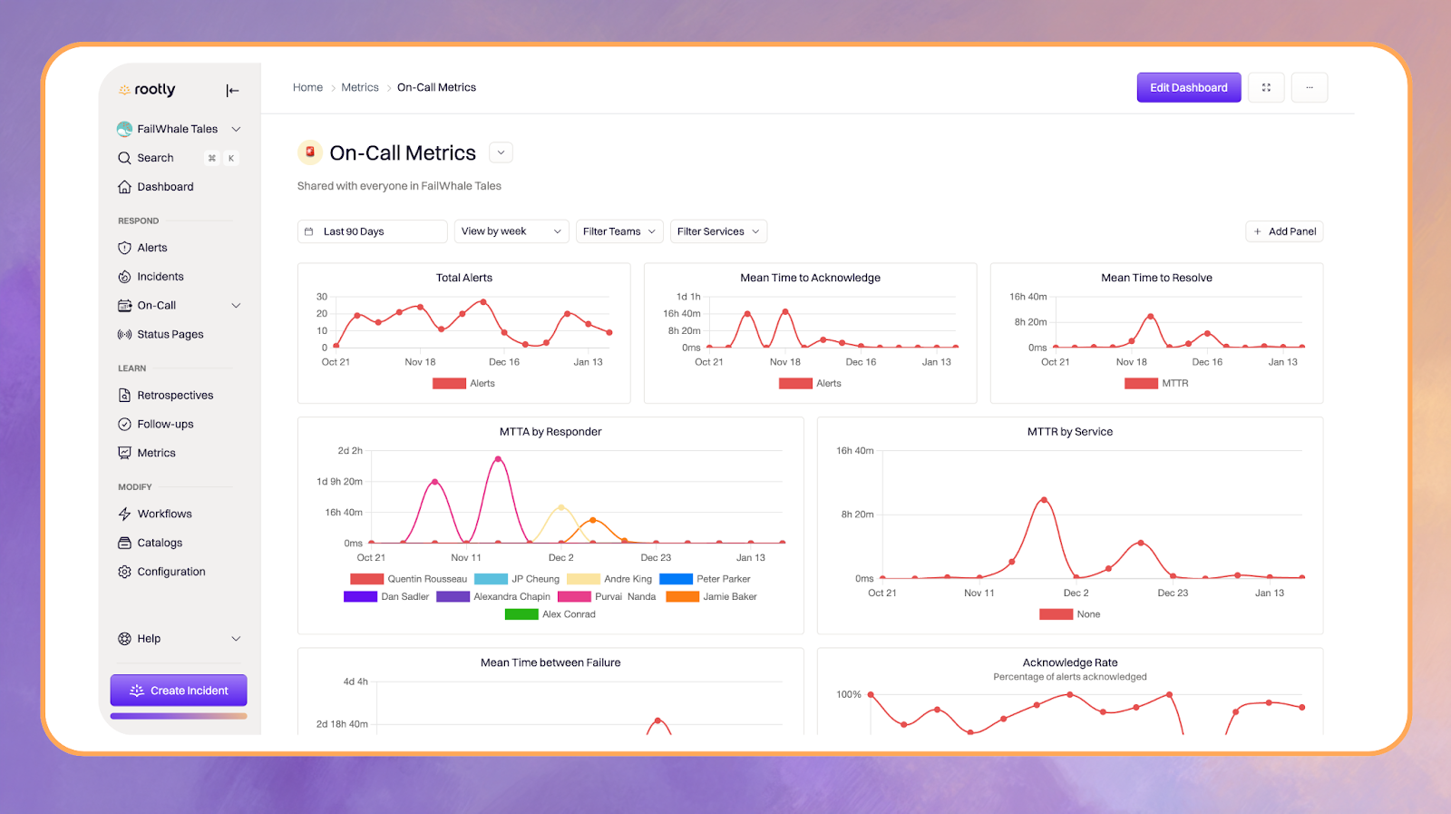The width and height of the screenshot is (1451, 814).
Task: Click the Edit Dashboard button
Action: coord(1188,88)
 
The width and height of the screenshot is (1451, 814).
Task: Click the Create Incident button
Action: coord(179,691)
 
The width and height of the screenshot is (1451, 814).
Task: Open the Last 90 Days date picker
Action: coord(372,231)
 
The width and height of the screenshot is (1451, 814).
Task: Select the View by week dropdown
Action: coord(511,231)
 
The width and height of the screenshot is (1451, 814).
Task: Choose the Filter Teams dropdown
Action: coord(619,231)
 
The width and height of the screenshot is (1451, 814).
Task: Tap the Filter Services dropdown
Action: coord(718,231)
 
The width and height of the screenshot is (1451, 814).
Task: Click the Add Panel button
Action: coord(1284,231)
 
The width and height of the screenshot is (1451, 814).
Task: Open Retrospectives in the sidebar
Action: coord(175,396)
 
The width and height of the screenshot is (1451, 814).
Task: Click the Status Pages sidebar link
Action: coord(170,334)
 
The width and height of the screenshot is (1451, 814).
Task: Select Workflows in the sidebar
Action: coord(164,514)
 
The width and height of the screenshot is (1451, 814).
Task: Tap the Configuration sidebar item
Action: coord(171,572)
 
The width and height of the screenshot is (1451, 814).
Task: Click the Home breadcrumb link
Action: coord(307,88)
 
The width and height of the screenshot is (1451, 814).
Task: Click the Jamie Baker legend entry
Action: coord(729,597)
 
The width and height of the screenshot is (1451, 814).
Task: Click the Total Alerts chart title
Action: coord(464,278)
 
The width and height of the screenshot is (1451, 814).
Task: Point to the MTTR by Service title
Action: coord(1070,432)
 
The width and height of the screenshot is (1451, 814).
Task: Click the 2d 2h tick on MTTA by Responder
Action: coord(350,451)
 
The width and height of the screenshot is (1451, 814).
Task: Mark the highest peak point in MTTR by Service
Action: coord(1045,500)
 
